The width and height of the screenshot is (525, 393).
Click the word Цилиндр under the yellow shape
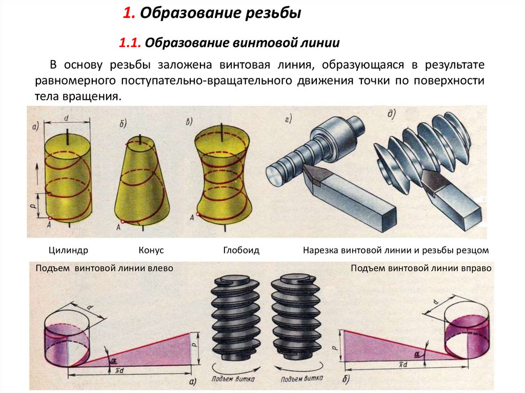point(69,251)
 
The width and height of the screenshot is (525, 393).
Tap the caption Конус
point(151,251)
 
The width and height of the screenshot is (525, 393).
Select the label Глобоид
point(241,251)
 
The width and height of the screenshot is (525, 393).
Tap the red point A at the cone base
point(123,221)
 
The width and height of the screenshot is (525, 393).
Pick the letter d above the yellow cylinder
point(67,118)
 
